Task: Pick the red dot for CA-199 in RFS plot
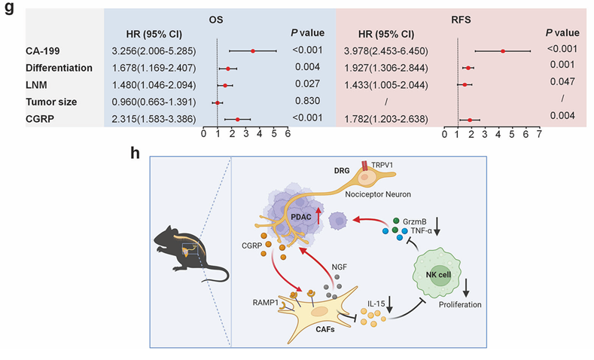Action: pyautogui.click(x=503, y=51)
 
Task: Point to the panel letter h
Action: pyautogui.click(x=136, y=153)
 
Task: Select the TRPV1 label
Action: pyautogui.click(x=388, y=165)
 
